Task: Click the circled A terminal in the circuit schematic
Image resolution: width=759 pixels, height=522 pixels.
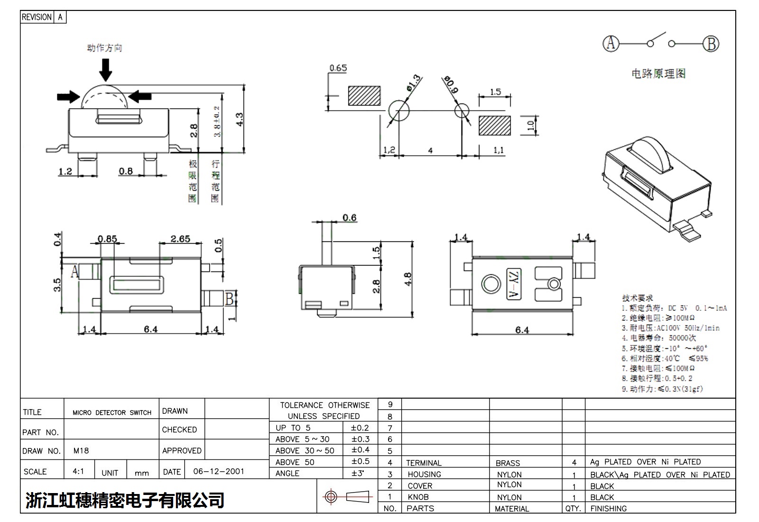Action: (611, 44)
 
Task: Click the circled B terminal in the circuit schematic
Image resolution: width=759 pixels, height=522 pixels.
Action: (711, 44)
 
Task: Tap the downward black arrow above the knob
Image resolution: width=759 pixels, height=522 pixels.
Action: (105, 70)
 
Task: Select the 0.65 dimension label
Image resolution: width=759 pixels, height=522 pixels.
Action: (338, 68)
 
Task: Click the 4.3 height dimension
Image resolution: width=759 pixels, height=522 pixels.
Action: (240, 119)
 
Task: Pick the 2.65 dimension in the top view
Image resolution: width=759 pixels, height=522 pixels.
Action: (180, 239)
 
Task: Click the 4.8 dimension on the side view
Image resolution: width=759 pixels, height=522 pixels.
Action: (407, 279)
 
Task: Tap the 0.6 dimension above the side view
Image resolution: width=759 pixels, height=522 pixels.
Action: (350, 217)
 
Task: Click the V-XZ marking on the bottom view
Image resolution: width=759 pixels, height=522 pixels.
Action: (514, 284)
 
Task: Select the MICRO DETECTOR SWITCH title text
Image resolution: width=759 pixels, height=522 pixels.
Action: (112, 413)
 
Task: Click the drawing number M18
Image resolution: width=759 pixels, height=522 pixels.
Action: (81, 451)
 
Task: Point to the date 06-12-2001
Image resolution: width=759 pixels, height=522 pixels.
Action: (219, 472)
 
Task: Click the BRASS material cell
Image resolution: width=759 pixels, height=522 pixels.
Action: (508, 463)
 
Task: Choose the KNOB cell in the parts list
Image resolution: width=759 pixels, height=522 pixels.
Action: (418, 497)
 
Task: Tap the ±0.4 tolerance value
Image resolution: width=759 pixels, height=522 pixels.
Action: (360, 450)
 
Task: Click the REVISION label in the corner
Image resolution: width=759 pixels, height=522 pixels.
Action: (37, 17)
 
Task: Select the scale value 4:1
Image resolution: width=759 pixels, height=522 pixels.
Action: (78, 472)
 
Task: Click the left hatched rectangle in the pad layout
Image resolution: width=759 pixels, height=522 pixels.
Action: (364, 96)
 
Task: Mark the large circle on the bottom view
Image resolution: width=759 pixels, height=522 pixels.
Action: (491, 284)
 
